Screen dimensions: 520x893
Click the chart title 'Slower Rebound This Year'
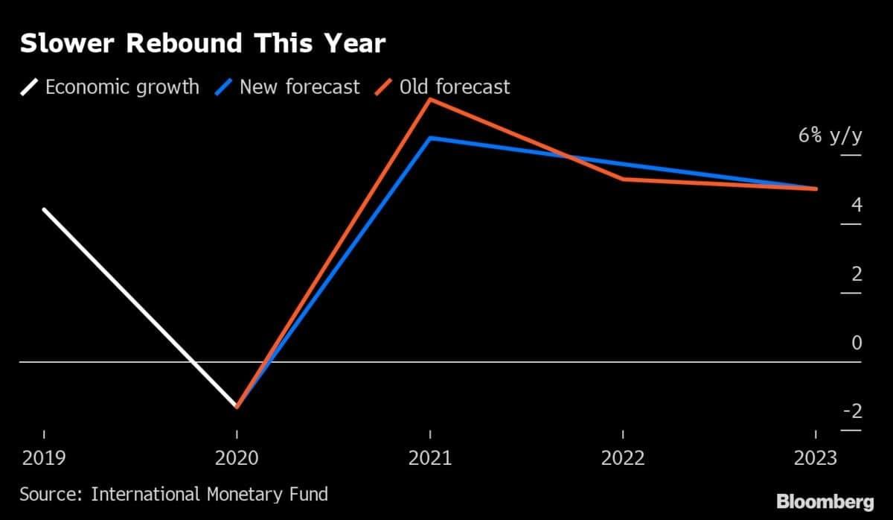point(202,44)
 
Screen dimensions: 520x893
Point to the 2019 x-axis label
point(43,457)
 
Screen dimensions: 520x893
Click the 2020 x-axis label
point(237,457)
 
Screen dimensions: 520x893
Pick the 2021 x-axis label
point(430,457)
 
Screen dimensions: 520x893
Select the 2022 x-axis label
point(623,457)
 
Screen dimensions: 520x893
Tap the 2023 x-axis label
point(816,457)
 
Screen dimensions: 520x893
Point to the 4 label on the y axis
point(857,205)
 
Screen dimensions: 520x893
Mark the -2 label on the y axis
point(853,411)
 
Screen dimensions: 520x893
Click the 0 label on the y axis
point(857,343)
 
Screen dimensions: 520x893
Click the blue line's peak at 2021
point(430,138)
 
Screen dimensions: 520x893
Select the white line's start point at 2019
point(44,210)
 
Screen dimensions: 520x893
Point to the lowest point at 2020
point(237,407)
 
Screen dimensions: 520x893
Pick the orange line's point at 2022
point(623,179)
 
